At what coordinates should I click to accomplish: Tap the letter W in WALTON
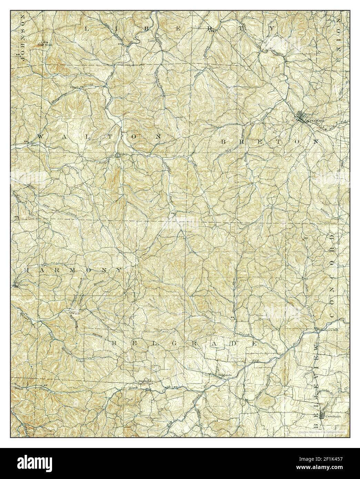coord(40,136)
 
